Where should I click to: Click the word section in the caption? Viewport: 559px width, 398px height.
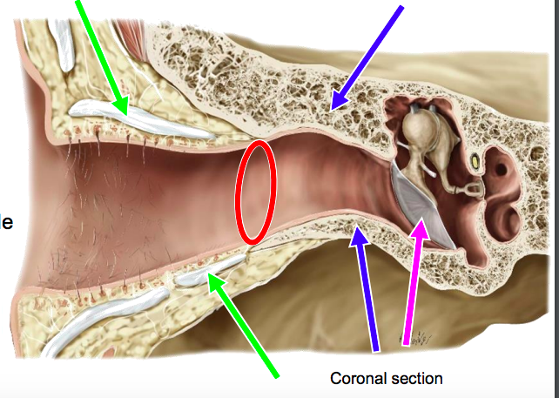coord(416,379)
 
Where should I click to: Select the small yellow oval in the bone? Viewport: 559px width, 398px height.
coord(475,162)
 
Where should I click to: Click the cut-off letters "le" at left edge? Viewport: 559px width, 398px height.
coord(5,222)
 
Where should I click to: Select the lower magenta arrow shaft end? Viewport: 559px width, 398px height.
coord(406,342)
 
